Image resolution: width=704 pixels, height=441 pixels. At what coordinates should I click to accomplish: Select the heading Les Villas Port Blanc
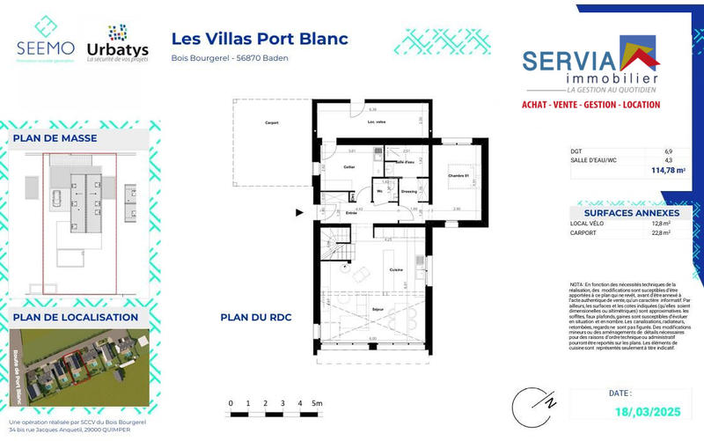click(260, 39)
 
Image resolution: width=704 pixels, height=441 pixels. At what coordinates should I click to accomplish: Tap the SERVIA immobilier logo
click(592, 67)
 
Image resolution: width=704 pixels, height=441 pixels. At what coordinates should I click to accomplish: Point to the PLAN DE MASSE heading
click(55, 138)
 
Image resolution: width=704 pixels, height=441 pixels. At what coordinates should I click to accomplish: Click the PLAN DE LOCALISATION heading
click(75, 317)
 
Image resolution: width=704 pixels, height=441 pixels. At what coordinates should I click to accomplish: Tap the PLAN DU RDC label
click(255, 318)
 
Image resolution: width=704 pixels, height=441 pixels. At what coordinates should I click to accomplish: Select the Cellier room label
click(349, 166)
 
